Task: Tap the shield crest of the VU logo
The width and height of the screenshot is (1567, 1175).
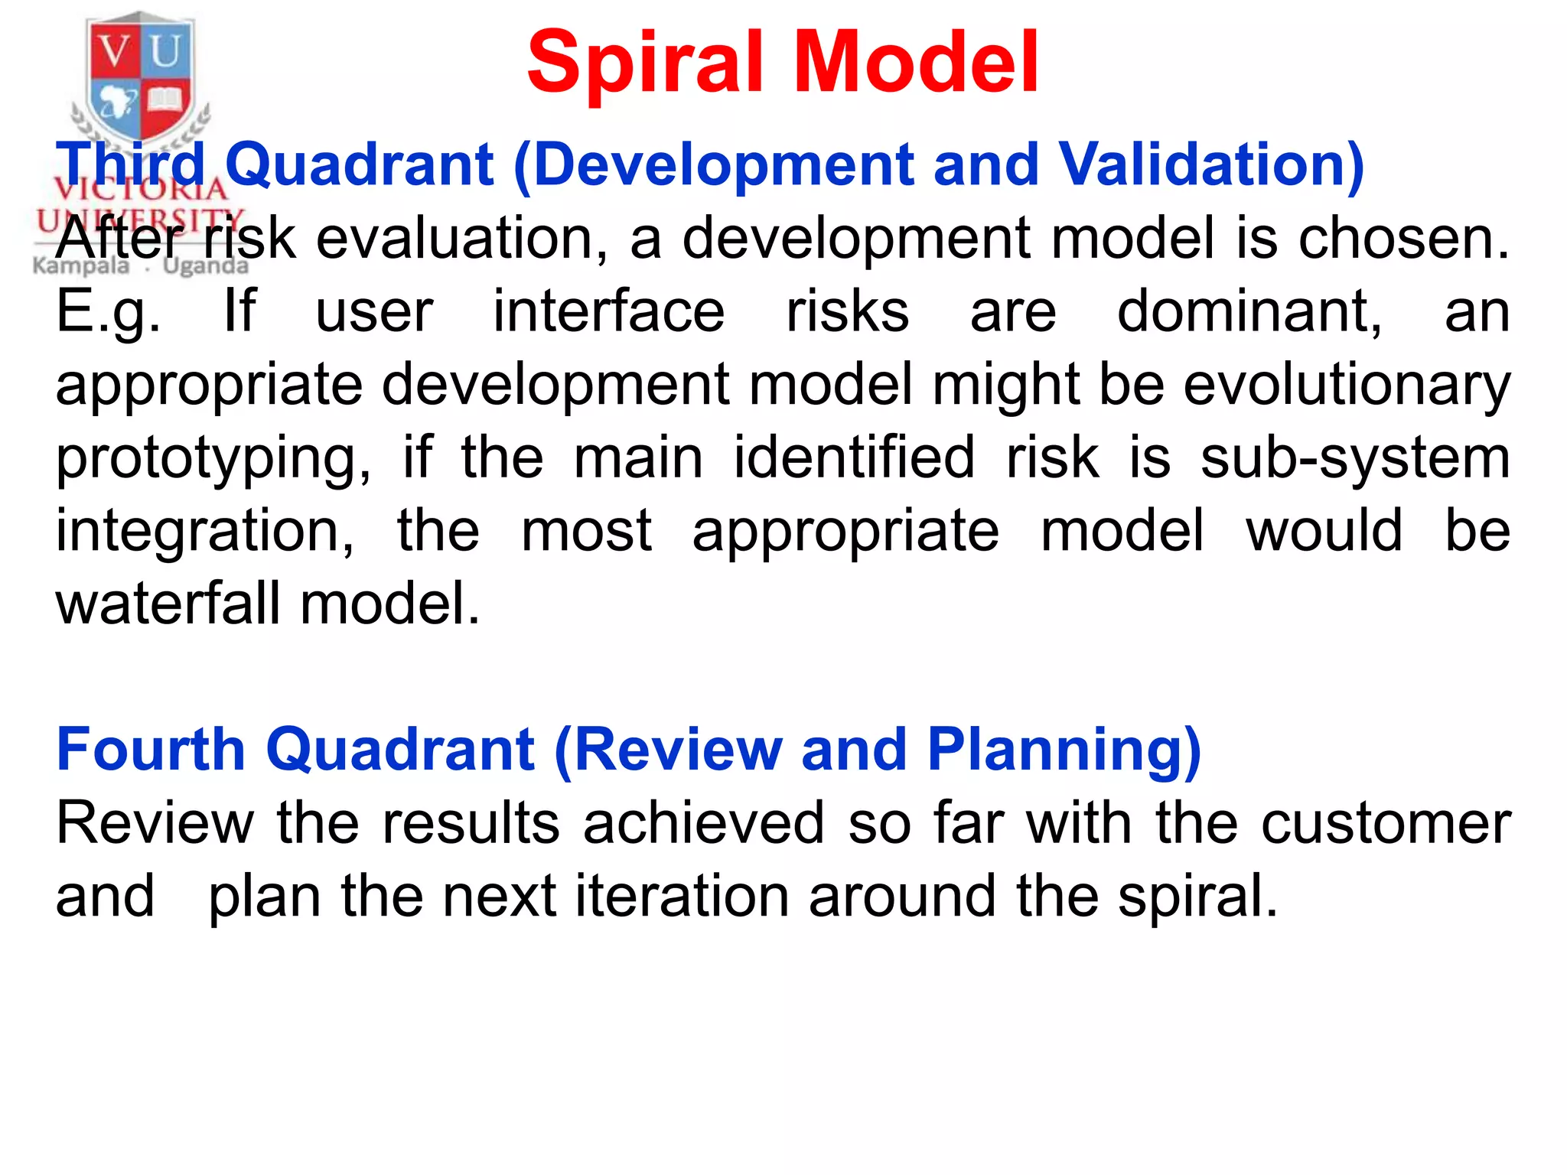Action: point(139,76)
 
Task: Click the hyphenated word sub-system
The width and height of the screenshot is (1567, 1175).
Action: point(1355,457)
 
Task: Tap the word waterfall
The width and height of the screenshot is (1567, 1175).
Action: point(168,604)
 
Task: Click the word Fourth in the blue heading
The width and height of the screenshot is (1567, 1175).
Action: point(151,749)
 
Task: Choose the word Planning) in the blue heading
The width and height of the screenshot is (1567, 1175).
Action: point(1064,750)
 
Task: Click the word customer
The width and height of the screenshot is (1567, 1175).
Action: point(1386,823)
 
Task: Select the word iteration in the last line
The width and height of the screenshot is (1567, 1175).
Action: point(682,896)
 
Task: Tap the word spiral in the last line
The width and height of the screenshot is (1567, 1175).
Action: point(1197,897)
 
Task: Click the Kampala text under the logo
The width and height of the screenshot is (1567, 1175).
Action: point(81,265)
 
